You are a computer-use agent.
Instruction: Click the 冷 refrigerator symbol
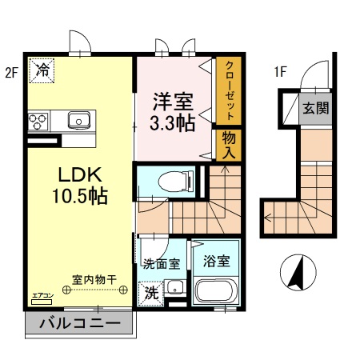42,70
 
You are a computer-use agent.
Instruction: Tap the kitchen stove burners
38,122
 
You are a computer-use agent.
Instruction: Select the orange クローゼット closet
228,89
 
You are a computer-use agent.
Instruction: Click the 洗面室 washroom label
161,262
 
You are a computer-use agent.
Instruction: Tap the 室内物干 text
94,280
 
